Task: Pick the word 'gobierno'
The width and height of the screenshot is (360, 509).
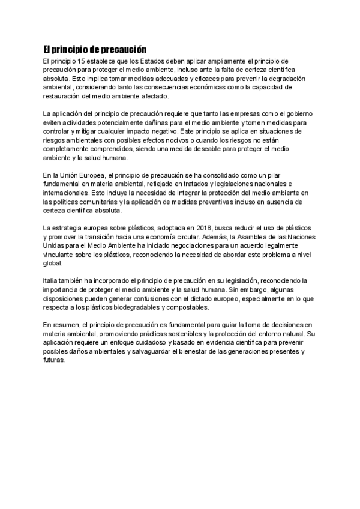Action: tap(295, 113)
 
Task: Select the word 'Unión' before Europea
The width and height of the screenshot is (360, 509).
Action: tap(70, 174)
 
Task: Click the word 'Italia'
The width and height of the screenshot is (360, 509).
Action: tap(52, 280)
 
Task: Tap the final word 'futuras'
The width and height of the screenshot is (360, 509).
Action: tap(55, 360)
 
